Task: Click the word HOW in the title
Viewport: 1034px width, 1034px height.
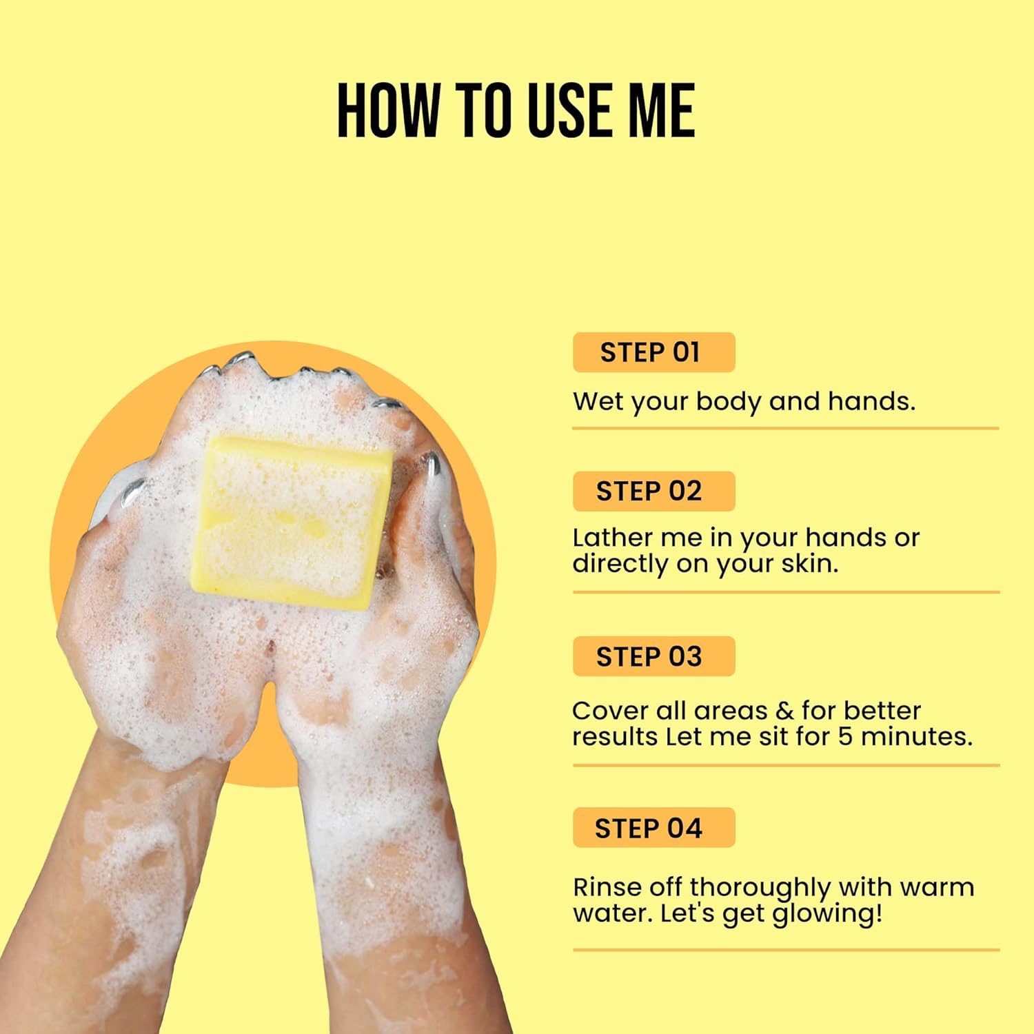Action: pos(388,110)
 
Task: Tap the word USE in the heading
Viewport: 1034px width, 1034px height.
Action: pos(574,110)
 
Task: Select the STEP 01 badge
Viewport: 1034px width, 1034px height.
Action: pos(653,352)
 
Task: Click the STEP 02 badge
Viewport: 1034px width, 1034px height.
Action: pos(653,491)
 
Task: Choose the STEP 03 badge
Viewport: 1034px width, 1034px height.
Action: pos(653,656)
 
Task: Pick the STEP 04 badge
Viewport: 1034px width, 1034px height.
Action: pos(653,828)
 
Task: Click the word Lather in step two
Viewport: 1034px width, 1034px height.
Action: pos(612,538)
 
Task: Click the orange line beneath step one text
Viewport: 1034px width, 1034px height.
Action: pos(785,428)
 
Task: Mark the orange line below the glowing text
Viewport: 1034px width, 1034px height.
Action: pos(785,950)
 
